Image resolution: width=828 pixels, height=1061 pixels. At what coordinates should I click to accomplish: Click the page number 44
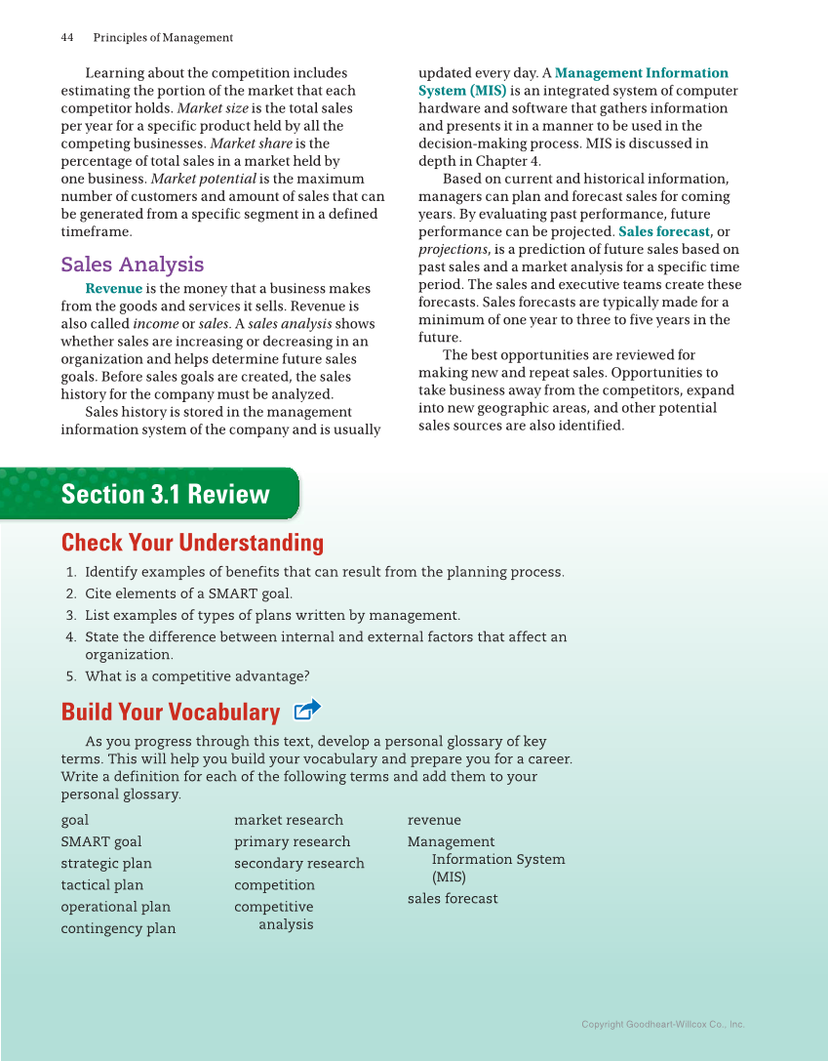(x=67, y=38)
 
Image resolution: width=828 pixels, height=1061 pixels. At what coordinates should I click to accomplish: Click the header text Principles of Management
(x=163, y=38)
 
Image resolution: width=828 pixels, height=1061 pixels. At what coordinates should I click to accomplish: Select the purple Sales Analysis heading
(x=132, y=265)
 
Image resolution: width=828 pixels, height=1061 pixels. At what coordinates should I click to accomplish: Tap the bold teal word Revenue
(x=113, y=289)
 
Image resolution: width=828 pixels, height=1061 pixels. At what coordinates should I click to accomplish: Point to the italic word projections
(x=453, y=250)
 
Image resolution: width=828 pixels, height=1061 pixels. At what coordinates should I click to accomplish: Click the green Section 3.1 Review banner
(x=165, y=494)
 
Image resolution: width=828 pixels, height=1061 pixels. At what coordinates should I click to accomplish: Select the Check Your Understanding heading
(x=192, y=543)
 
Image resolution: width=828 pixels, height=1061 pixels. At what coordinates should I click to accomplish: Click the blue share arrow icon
(x=307, y=710)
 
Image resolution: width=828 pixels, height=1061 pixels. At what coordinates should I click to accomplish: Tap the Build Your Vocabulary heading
(x=170, y=712)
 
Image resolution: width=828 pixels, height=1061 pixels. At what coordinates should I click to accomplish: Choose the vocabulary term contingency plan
(x=118, y=928)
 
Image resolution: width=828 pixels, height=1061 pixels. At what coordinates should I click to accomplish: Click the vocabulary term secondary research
(x=298, y=864)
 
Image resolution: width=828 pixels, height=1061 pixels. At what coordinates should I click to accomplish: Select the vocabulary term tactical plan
(x=101, y=885)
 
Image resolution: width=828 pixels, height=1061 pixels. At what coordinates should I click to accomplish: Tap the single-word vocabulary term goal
(x=74, y=820)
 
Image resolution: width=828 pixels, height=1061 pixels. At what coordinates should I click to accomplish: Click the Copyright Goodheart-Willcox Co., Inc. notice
(x=662, y=1025)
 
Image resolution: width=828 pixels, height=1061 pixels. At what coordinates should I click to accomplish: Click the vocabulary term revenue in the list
(x=434, y=820)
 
